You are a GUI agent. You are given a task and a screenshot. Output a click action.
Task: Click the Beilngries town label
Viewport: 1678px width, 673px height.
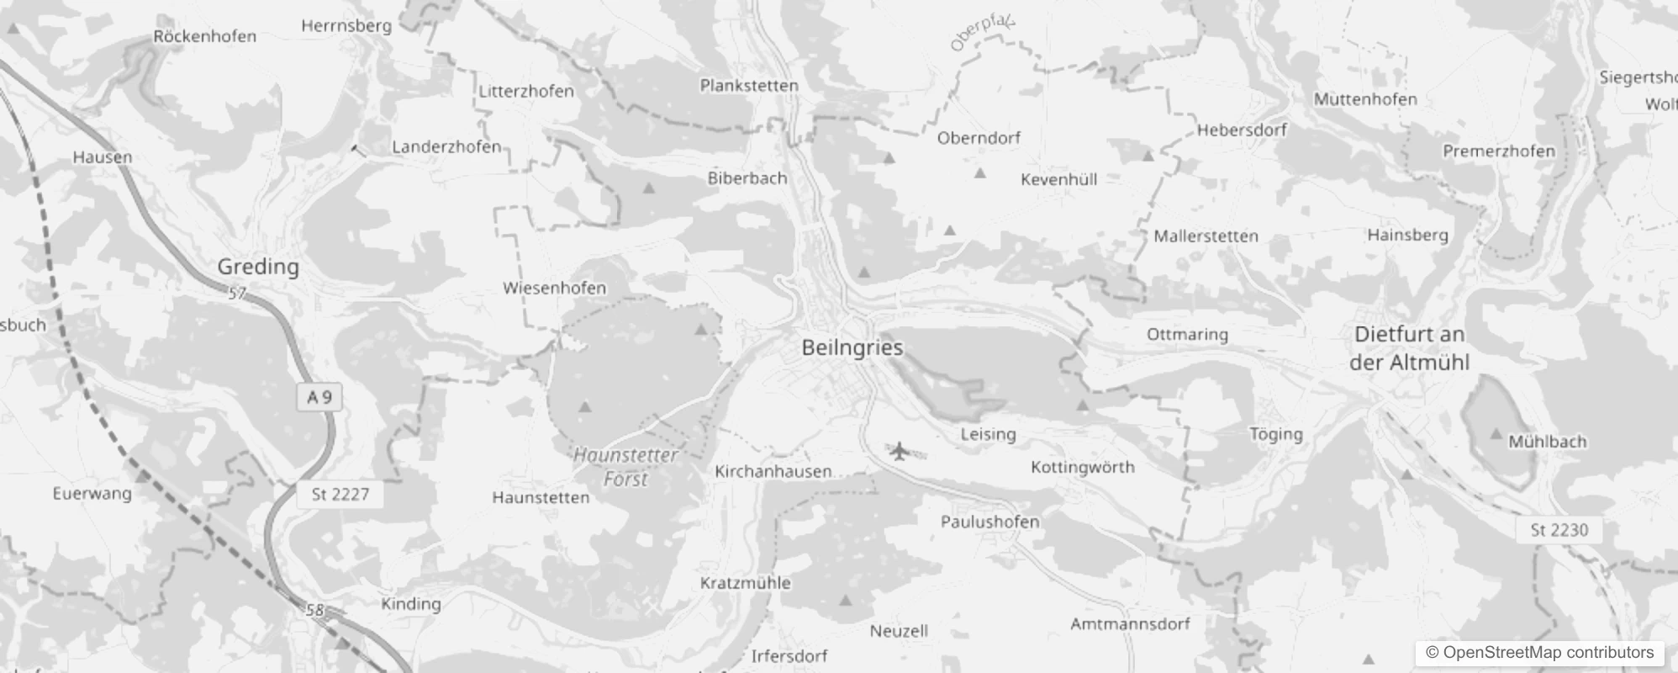pos(852,347)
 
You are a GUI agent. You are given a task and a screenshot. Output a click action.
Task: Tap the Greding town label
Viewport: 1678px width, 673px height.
pos(258,267)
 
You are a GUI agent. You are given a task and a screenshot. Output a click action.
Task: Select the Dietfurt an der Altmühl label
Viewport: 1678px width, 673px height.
pos(1409,348)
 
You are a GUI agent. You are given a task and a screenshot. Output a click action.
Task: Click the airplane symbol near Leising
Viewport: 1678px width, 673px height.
pos(900,452)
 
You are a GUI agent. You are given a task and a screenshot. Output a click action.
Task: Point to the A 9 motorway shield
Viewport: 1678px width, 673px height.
pos(319,397)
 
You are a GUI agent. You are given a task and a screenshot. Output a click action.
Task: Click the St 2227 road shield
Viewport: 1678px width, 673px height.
pos(340,495)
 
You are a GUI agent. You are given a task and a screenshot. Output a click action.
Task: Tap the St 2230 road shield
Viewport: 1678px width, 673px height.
pos(1559,530)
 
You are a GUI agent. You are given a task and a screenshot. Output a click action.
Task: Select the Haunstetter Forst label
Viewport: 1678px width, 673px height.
pos(625,467)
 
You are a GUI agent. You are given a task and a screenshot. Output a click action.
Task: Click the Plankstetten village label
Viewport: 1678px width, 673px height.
pos(749,85)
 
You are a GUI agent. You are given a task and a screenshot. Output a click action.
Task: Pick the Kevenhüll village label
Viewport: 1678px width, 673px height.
pos(1058,179)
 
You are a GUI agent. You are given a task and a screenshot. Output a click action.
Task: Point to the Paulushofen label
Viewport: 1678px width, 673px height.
pos(989,522)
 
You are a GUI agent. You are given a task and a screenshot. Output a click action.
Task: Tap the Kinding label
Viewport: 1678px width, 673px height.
pos(410,603)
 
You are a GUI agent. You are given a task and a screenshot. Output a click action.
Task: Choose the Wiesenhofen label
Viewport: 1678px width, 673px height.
pos(554,288)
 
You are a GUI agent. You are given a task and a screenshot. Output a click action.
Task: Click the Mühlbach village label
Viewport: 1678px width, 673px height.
pos(1547,442)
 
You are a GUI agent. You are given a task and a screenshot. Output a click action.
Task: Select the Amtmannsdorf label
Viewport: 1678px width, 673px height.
pos(1130,624)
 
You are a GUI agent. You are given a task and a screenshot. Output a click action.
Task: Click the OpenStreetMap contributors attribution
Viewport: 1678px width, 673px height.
pos(1539,653)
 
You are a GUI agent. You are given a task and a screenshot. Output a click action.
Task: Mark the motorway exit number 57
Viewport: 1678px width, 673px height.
pos(237,294)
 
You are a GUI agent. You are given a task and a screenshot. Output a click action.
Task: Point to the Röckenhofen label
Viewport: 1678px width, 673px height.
pos(204,36)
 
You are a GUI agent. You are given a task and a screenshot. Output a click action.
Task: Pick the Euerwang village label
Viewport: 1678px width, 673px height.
pos(92,493)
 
